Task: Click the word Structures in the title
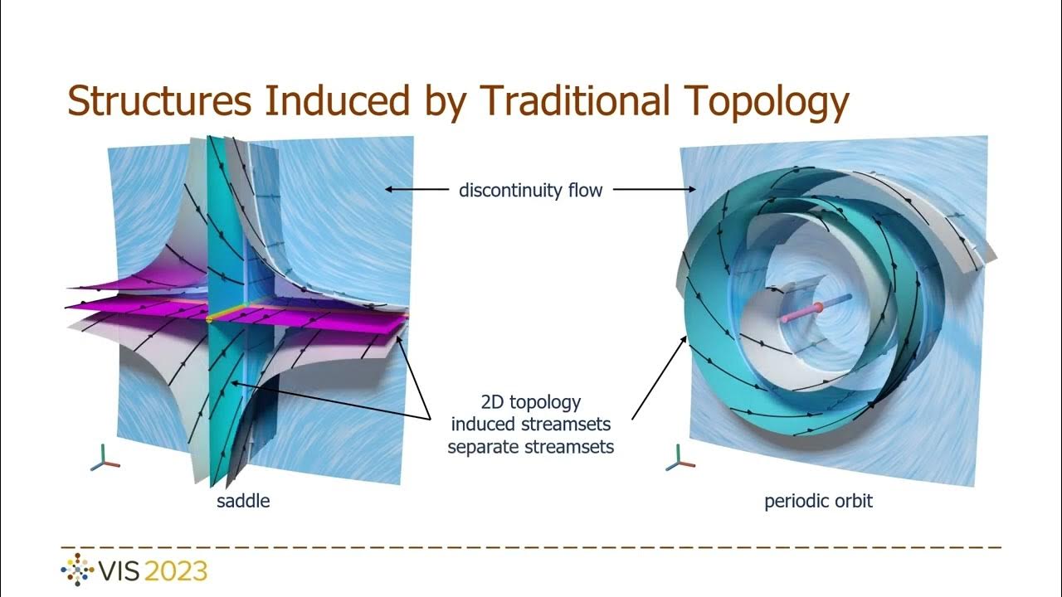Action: (x=158, y=101)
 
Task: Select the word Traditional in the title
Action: (x=575, y=101)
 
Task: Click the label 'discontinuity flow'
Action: (x=531, y=190)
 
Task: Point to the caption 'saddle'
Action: (x=243, y=501)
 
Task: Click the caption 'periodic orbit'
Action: (x=818, y=501)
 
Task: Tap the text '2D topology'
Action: (x=531, y=403)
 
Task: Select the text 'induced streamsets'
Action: (x=531, y=425)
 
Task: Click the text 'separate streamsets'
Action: (x=531, y=447)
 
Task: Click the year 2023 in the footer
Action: (x=177, y=571)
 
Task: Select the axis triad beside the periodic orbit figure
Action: (x=677, y=458)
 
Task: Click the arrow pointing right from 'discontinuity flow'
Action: (x=655, y=190)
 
